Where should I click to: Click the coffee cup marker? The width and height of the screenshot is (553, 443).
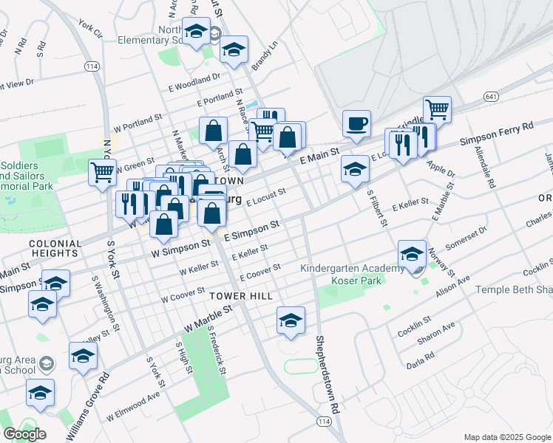[356, 123]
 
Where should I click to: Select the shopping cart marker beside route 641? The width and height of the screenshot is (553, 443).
[437, 110]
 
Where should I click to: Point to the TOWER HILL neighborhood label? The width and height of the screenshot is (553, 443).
[241, 295]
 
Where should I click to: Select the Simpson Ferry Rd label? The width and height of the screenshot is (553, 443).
[496, 133]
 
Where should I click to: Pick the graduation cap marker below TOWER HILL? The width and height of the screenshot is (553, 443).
[291, 320]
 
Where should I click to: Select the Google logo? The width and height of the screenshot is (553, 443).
[24, 433]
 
